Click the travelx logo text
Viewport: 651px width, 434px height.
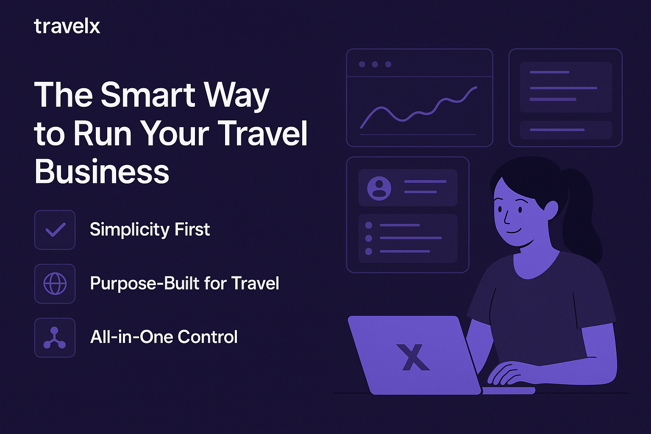coord(67,26)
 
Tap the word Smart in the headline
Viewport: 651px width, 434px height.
coord(148,95)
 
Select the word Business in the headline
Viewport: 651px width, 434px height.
coord(102,171)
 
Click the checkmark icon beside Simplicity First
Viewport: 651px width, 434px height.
coord(55,230)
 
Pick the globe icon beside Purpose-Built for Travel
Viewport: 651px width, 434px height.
coord(55,284)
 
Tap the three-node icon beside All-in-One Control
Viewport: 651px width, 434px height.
coord(55,338)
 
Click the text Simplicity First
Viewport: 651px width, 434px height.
coord(150,230)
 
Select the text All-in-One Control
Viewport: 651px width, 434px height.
coord(164,337)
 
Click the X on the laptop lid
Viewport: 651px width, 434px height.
coord(413,357)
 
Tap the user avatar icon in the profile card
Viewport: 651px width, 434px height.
coord(379,188)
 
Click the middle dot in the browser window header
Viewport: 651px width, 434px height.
coord(375,64)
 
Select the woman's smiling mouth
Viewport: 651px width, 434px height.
coord(514,231)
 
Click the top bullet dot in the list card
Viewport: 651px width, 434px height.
coord(368,225)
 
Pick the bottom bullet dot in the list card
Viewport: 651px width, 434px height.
coord(368,251)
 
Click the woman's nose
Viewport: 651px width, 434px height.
coord(506,217)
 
